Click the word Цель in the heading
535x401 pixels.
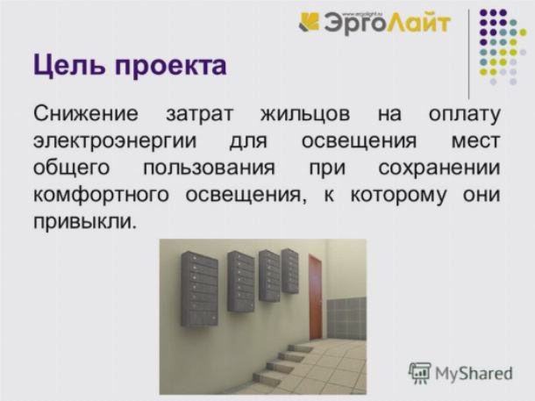(x=69, y=66)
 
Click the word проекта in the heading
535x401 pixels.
(x=171, y=67)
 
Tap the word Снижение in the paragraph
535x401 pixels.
(x=86, y=113)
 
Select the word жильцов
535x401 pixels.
(x=305, y=115)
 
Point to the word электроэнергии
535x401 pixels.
(x=115, y=141)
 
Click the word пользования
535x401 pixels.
(x=209, y=168)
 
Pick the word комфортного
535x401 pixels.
(x=102, y=196)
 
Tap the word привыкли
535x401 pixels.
(x=84, y=223)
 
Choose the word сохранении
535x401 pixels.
(x=439, y=168)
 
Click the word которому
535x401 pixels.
(x=398, y=196)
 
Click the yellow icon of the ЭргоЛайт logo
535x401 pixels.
(x=309, y=22)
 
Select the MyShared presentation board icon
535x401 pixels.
(x=420, y=373)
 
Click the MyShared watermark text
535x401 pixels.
(x=474, y=374)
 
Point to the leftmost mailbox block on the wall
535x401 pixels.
(x=200, y=289)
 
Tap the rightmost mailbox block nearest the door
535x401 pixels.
(x=290, y=271)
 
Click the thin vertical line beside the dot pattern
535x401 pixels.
(x=469, y=54)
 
